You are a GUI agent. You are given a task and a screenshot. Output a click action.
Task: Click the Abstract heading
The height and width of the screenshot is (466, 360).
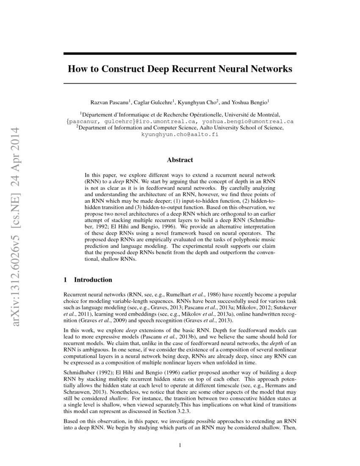[180, 160]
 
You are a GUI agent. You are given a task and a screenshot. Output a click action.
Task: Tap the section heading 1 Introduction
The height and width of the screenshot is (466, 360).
[88, 280]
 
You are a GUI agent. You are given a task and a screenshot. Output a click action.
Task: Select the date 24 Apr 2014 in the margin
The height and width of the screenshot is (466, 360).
[17, 144]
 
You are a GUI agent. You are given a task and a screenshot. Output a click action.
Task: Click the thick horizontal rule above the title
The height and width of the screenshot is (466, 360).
[180, 53]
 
